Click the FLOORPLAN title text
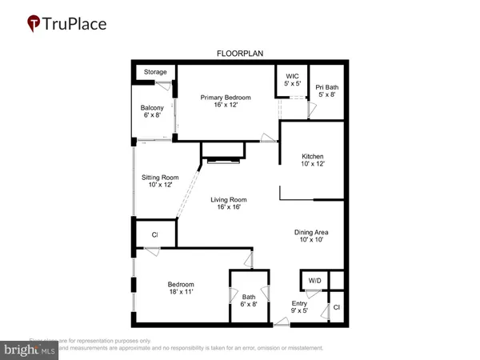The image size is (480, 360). tap(240, 53)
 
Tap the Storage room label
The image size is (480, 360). tap(155, 72)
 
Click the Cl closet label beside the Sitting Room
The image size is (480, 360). tap(154, 235)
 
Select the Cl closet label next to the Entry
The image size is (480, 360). tap(337, 307)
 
